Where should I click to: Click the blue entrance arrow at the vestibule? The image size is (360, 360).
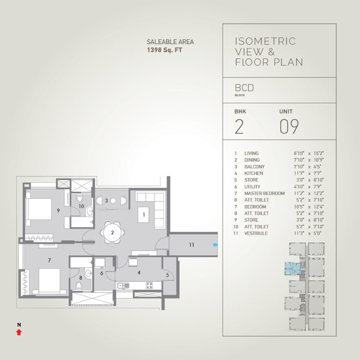tap(215, 245)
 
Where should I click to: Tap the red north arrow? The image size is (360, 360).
tap(19, 332)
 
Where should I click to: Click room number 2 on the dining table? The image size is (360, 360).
tap(112, 232)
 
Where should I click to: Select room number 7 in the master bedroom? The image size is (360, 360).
tap(49, 260)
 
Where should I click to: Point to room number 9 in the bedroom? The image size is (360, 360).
tap(58, 210)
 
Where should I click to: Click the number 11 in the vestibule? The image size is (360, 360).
tap(191, 245)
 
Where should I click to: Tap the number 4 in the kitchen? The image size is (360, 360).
tap(138, 272)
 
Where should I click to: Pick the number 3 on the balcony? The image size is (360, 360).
tap(106, 201)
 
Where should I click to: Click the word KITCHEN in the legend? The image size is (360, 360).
tap(254, 173)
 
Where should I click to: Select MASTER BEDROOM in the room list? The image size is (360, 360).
tap(264, 194)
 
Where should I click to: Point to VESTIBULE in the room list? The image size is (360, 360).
tap(256, 233)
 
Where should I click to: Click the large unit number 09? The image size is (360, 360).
tap(289, 127)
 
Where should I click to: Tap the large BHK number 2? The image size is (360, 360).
tap(239, 127)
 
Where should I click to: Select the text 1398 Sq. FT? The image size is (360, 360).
tap(165, 50)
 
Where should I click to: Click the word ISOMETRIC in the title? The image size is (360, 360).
tap(265, 41)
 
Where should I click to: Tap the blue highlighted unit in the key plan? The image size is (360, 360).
tap(292, 269)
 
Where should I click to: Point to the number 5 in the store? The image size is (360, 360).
tap(167, 275)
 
